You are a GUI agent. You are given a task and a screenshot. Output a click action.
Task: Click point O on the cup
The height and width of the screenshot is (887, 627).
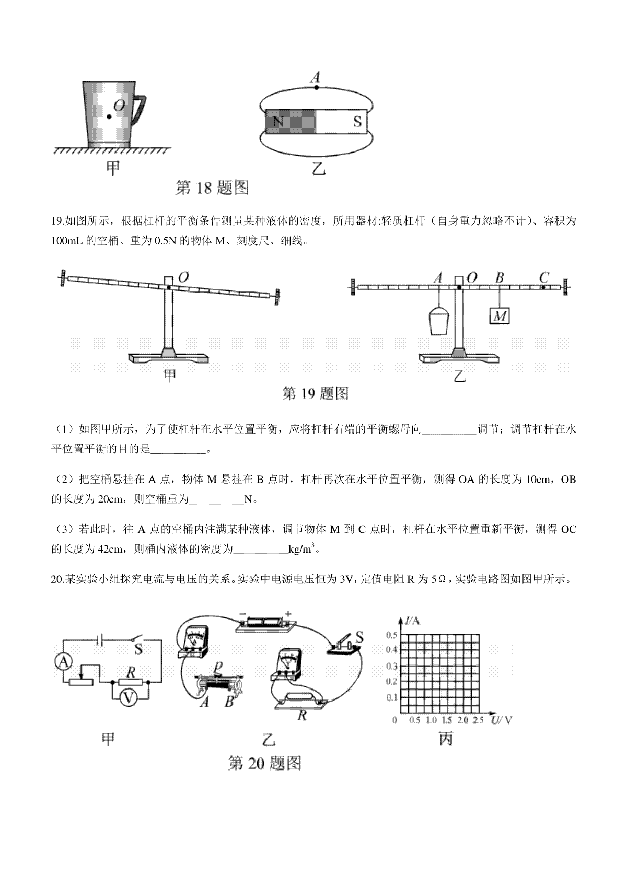[109, 116]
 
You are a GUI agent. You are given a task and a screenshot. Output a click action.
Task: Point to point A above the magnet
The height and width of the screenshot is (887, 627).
[316, 87]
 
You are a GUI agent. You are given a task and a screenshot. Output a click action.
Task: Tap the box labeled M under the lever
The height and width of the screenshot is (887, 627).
[500, 316]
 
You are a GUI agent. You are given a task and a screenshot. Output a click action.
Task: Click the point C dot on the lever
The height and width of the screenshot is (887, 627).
[543, 287]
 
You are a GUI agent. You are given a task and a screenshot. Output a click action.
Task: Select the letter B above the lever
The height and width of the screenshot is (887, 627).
[500, 277]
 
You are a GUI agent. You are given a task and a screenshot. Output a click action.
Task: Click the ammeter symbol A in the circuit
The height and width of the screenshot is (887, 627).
[63, 662]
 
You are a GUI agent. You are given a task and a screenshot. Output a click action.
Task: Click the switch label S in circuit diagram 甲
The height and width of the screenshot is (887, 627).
[139, 649]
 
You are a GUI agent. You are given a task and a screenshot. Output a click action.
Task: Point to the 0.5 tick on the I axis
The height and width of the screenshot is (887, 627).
[392, 635]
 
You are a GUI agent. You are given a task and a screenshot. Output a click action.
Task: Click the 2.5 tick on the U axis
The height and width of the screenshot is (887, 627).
[478, 720]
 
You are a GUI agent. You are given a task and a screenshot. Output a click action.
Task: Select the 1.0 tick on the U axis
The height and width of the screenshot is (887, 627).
[432, 720]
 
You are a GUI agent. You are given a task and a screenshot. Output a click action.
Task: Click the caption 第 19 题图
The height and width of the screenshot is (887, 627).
[315, 393]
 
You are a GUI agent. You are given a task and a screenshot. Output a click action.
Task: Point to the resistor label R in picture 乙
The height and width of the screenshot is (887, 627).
[301, 716]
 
